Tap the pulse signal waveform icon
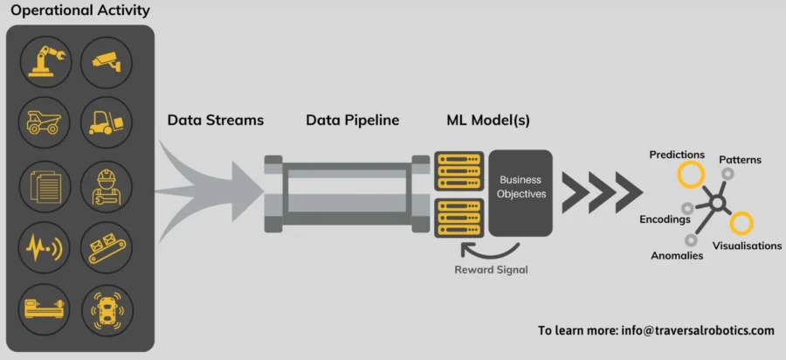[44, 247]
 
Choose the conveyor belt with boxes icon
[107, 247]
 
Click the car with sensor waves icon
[107, 309]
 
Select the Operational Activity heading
[80, 11]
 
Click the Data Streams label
[215, 121]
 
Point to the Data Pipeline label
[352, 121]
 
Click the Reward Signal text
[491, 269]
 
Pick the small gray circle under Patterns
[727, 175]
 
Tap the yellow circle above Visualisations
[741, 224]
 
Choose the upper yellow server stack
[458, 172]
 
